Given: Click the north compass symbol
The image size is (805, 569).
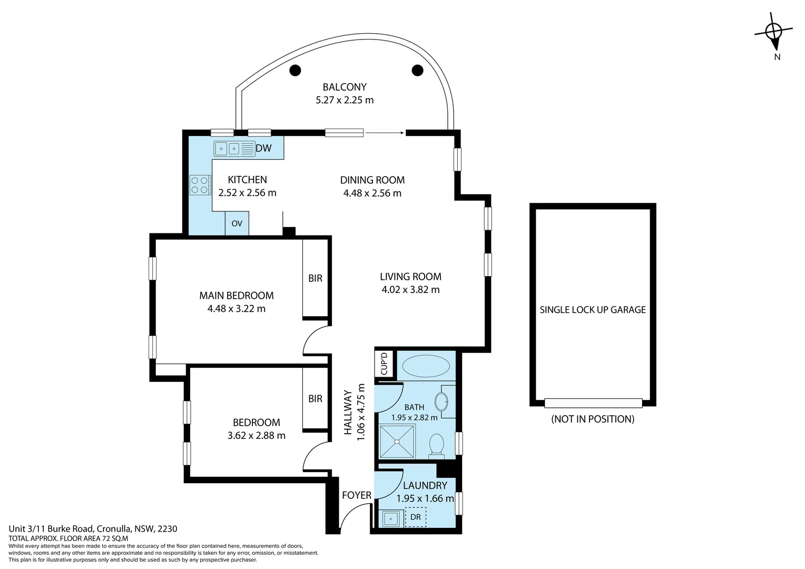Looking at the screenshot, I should tap(773, 32).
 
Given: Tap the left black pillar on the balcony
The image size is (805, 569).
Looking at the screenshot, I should tap(295, 70).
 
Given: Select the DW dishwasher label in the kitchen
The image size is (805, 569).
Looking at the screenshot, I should tap(263, 149).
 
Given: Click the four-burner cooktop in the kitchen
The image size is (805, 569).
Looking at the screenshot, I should tap(200, 185).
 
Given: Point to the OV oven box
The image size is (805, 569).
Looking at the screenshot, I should tap(237, 223).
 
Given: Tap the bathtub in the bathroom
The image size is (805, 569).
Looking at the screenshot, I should tap(426, 366).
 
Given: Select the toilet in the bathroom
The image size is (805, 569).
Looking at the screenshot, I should tap(437, 445).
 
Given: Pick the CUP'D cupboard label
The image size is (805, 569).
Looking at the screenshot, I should tap(384, 364).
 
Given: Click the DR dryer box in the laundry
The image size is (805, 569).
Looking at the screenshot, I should tap(416, 517).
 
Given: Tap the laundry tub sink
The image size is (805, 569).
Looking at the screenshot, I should tap(390, 518).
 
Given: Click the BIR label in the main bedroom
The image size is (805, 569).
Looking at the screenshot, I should tap(315, 278).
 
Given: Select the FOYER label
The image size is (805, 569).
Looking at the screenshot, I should tap(357, 495).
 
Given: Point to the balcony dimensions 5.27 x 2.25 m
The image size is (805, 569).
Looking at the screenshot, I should tap(345, 100).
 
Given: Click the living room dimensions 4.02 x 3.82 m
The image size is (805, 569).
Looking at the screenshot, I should tap(410, 289).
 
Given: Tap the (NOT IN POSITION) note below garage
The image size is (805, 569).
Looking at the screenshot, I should tap(593, 419).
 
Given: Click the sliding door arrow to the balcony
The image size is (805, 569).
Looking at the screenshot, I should tap(385, 133).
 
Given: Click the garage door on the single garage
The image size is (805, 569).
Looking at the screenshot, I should tap(593, 403).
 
